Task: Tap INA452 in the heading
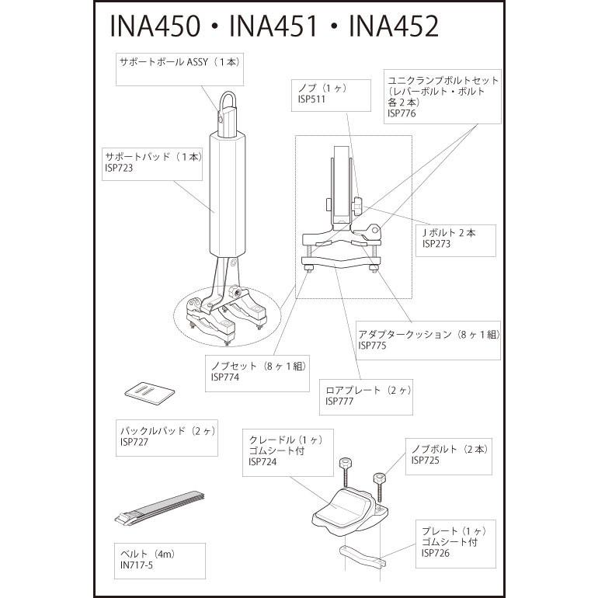click(x=394, y=26)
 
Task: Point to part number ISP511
click(x=311, y=99)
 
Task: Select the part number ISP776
click(x=402, y=113)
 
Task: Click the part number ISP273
click(x=436, y=243)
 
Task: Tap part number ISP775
click(x=373, y=346)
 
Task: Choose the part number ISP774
click(x=225, y=377)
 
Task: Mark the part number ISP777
click(x=340, y=402)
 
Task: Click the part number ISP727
click(x=134, y=442)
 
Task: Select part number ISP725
click(x=426, y=461)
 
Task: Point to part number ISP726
click(x=436, y=553)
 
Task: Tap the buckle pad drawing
click(x=148, y=393)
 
